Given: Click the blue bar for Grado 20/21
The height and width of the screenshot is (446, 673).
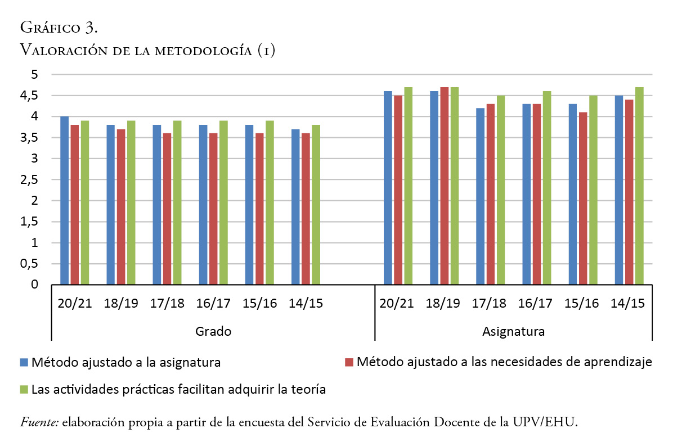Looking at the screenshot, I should (x=64, y=201).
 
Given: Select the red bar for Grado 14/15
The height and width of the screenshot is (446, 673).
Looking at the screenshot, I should (x=306, y=209).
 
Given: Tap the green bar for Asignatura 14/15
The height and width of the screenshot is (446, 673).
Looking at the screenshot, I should (x=639, y=186).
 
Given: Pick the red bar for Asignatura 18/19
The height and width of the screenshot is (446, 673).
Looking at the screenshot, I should (x=445, y=186).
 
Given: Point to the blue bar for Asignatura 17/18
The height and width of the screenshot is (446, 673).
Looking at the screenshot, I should (x=481, y=196).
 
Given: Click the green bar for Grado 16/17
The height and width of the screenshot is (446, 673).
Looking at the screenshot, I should (x=223, y=202).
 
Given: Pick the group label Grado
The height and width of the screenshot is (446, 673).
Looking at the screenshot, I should (x=213, y=332).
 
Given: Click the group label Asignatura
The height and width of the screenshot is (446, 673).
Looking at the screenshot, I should (x=513, y=332).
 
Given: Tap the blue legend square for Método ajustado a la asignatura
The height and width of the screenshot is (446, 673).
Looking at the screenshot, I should (x=24, y=362).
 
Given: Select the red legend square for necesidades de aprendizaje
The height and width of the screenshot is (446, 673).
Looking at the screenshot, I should (x=349, y=362).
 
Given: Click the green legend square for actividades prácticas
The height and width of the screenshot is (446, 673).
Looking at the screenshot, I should (x=24, y=389).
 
